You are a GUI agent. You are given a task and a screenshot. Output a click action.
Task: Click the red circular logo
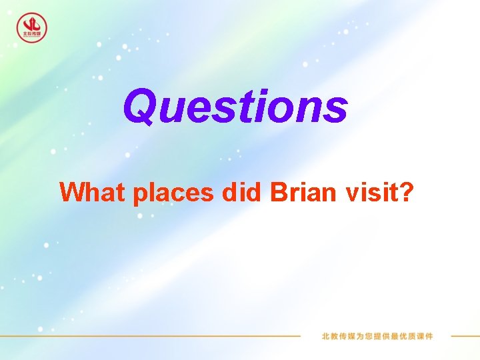click(31, 27)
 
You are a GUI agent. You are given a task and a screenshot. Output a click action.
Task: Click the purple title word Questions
click(235, 107)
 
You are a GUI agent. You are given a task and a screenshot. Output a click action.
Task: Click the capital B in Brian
click(279, 192)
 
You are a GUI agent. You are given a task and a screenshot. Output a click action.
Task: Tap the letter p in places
click(141, 195)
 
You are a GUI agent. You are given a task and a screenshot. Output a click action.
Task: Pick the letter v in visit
click(352, 194)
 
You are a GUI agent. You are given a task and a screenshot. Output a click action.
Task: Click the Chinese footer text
click(377, 336)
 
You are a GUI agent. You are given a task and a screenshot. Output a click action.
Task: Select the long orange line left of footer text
click(153, 336)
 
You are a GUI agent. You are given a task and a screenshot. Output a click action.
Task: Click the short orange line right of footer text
click(465, 336)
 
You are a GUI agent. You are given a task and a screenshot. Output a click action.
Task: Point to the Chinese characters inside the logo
click(31, 33)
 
